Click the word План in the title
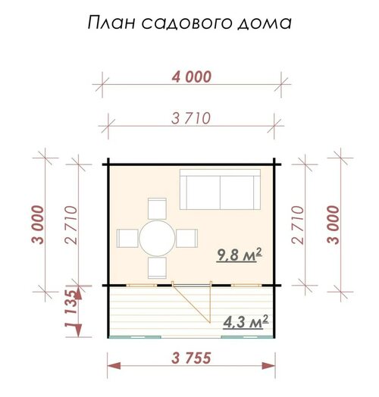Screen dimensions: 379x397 click(111, 22)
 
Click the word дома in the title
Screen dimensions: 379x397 click(265, 23)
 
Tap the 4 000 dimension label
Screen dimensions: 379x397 click(192, 77)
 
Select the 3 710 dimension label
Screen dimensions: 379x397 click(191, 118)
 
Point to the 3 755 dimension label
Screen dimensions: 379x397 click(191, 358)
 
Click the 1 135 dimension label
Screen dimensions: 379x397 click(70, 309)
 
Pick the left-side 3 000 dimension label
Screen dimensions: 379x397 click(38, 224)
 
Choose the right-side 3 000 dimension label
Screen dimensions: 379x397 click(333, 224)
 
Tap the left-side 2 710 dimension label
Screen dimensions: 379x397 click(70, 225)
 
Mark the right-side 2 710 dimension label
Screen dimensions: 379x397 click(297, 225)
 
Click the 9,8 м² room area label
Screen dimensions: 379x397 click(240, 255)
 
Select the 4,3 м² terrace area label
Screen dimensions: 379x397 click(246, 322)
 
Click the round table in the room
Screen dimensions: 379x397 click(157, 238)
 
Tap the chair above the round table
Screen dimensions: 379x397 click(157, 208)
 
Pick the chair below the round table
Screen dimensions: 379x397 click(157, 268)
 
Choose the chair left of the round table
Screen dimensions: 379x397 click(127, 238)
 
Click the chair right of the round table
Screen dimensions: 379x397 click(186, 238)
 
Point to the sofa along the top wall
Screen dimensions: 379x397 click(220, 189)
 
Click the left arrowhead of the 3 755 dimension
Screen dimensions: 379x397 click(114, 366)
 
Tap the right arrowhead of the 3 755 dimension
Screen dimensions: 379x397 click(268, 366)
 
